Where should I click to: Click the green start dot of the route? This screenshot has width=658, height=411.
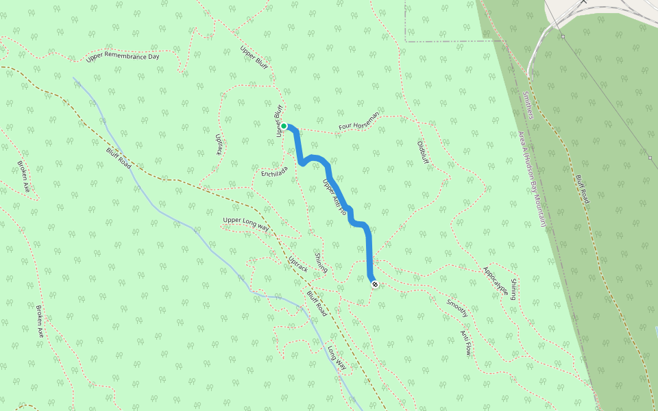click(x=284, y=126)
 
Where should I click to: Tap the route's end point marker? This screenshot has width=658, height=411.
click(x=374, y=284)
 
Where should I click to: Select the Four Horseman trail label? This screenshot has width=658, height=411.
click(x=358, y=123)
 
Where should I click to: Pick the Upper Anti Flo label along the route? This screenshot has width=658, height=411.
click(x=334, y=198)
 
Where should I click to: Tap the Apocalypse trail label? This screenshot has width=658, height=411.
click(x=495, y=282)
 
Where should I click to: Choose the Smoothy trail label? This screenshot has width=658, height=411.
click(x=457, y=307)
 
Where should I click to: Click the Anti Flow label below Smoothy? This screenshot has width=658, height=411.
click(x=466, y=342)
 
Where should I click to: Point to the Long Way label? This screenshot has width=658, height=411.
click(x=337, y=357)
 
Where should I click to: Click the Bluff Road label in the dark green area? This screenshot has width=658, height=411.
click(x=582, y=188)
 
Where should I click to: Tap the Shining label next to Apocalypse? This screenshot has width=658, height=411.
click(x=513, y=289)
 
